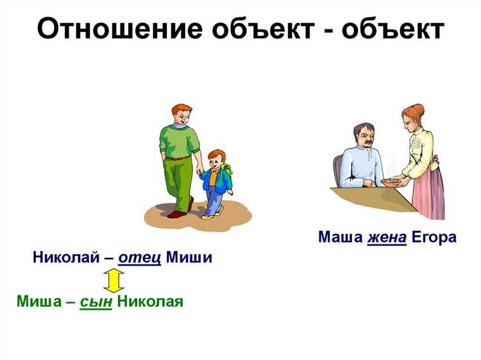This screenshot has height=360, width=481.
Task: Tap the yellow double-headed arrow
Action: (x=114, y=280)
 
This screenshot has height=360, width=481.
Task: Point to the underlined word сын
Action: (x=96, y=302)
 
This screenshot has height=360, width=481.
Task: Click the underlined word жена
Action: (x=387, y=237)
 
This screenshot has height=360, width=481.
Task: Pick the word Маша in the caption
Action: (x=341, y=237)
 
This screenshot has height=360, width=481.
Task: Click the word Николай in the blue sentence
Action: (x=66, y=259)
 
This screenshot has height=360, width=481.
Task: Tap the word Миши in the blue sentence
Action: (x=189, y=259)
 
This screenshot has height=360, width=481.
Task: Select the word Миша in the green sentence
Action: (x=39, y=302)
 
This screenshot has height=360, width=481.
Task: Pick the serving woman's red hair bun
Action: (x=418, y=110)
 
